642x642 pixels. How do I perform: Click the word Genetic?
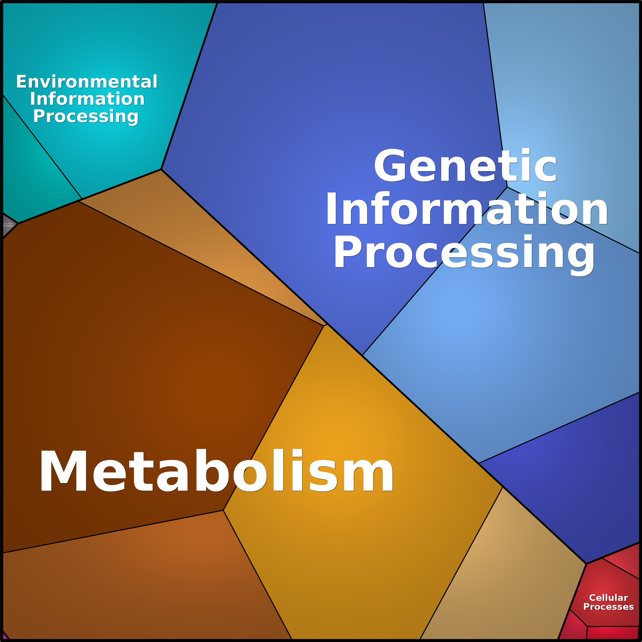[x=465, y=166]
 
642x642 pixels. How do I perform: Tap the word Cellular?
[x=609, y=598]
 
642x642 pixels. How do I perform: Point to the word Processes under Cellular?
[x=609, y=607]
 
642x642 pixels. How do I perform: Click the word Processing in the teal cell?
[x=86, y=116]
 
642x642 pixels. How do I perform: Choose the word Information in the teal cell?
[x=87, y=99]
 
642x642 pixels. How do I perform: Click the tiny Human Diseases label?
[x=8, y=225]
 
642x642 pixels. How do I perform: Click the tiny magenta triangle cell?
[x=5, y=636]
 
